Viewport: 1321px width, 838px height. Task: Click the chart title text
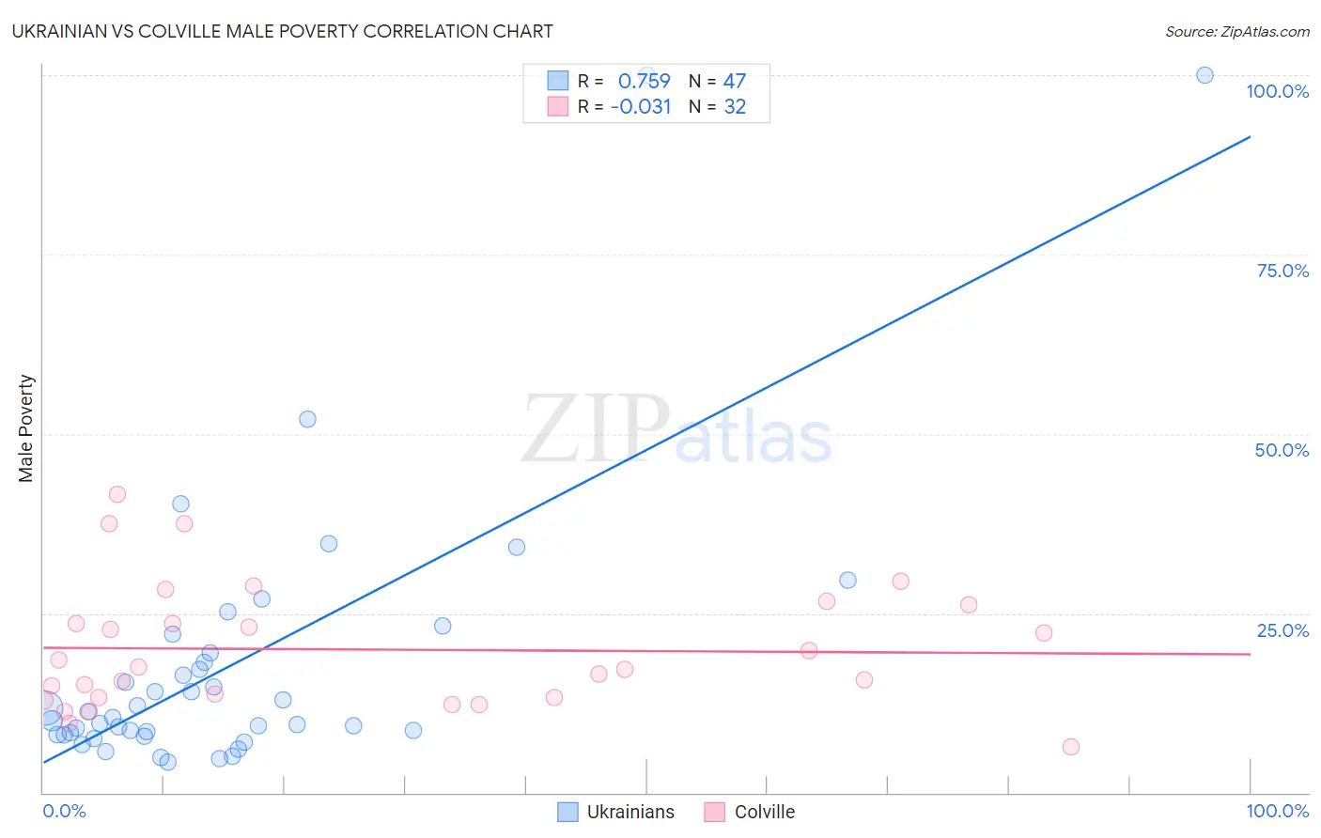click(x=282, y=31)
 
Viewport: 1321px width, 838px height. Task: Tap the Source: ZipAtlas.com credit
click(x=1236, y=31)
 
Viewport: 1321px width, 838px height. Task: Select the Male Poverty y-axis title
click(x=26, y=428)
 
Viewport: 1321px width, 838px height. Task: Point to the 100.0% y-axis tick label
click(x=1277, y=91)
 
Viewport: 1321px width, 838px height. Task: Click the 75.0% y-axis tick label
click(x=1282, y=271)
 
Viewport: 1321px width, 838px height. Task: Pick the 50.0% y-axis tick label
click(x=1282, y=450)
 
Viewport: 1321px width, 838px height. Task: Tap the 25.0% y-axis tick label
click(x=1282, y=630)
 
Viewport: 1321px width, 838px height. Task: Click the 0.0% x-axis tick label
click(x=64, y=811)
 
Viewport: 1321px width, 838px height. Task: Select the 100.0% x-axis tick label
click(x=1277, y=811)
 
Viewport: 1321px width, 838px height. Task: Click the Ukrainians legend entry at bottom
click(x=616, y=812)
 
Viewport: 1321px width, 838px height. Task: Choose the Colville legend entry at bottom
click(x=750, y=812)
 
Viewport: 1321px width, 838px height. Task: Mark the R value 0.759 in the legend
click(x=644, y=81)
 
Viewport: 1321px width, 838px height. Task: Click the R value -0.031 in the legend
click(x=641, y=107)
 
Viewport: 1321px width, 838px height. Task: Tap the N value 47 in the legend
click(x=734, y=81)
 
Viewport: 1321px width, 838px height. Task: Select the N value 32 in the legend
click(x=735, y=107)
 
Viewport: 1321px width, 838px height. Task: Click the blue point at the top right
click(x=1204, y=75)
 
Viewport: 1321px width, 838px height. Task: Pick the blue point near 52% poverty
click(x=307, y=419)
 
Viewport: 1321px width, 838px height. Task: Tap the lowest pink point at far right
click(x=1071, y=747)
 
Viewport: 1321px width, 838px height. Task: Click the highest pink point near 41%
click(x=117, y=494)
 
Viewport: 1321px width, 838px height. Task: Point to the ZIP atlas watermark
click(x=676, y=430)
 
